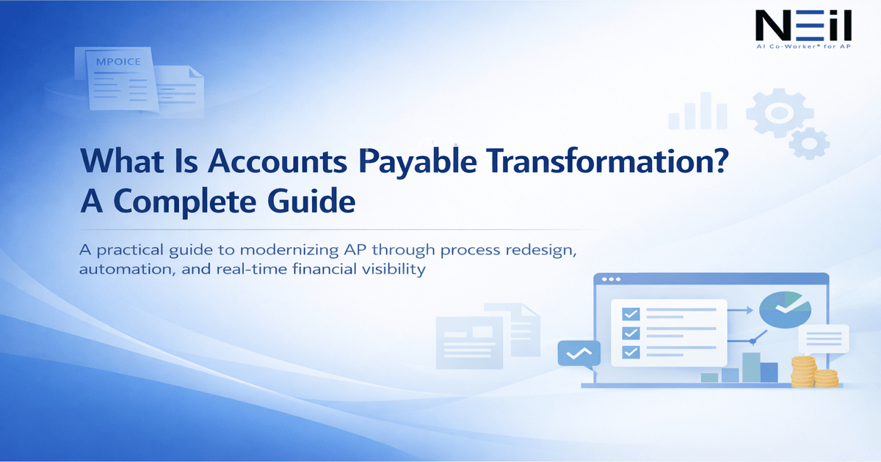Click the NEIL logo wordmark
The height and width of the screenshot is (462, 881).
(x=803, y=27)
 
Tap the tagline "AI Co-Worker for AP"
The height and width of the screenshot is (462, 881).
(x=803, y=45)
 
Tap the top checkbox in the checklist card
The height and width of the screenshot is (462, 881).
(x=630, y=314)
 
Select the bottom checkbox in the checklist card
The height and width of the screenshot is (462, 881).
(x=630, y=352)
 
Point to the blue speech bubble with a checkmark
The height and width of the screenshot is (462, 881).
(x=579, y=353)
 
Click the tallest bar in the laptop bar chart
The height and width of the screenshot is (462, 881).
(x=750, y=367)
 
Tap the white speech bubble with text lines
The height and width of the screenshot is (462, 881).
(x=823, y=340)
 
